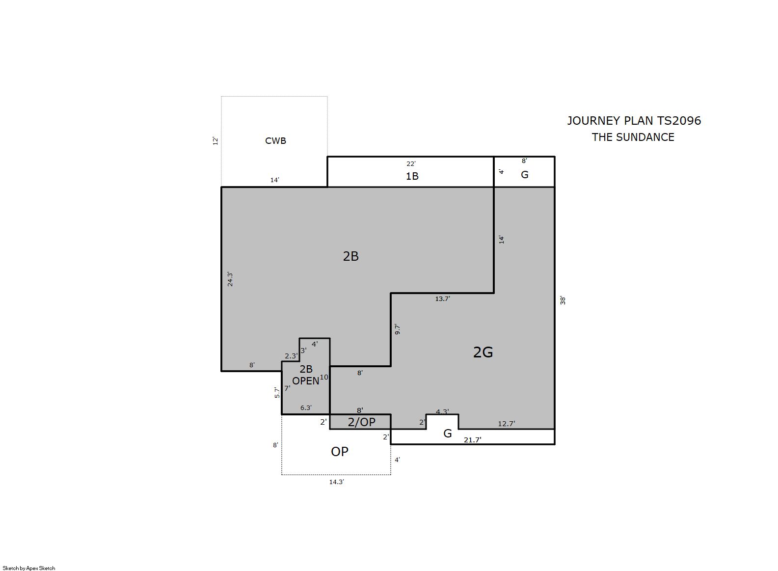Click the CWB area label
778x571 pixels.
275,141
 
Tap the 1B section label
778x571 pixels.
412,176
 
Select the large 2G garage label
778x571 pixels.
483,352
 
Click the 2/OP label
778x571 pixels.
362,422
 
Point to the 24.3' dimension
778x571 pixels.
230,279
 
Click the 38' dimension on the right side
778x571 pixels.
563,300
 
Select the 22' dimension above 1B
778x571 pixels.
411,163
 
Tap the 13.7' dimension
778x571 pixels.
442,299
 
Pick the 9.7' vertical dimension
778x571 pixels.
398,329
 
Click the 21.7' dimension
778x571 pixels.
472,440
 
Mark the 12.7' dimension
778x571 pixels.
507,424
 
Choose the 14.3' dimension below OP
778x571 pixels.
337,482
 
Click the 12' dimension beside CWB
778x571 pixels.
215,141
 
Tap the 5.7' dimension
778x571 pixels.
277,392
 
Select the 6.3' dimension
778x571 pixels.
306,408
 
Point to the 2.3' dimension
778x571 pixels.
291,356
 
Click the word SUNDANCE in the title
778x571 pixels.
646,137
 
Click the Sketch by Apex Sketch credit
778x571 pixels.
29,568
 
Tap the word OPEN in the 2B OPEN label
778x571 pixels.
306,381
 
